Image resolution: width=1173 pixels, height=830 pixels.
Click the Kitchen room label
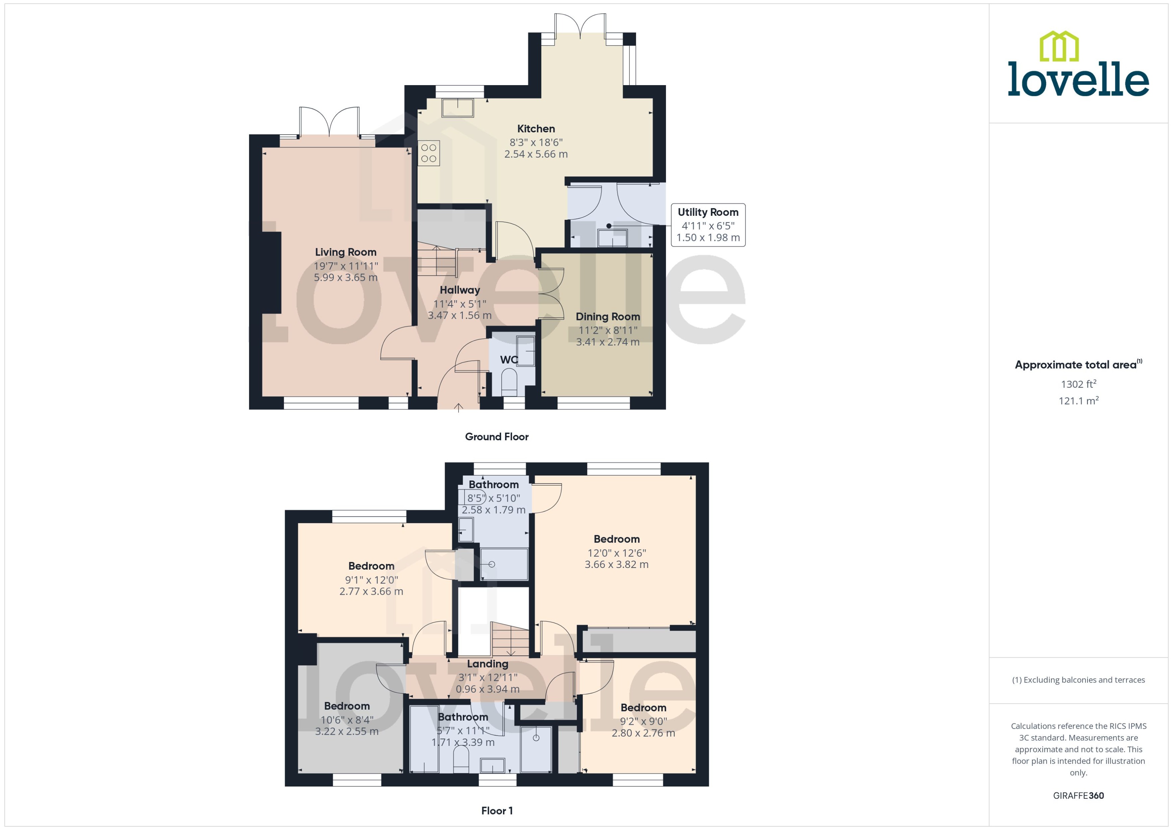pyautogui.click(x=536, y=129)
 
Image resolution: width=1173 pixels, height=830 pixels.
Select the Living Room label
pyautogui.click(x=346, y=252)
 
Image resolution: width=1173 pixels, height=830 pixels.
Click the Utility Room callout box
pyautogui.click(x=708, y=225)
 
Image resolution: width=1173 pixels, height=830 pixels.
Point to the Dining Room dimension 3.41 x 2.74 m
pyautogui.click(x=608, y=342)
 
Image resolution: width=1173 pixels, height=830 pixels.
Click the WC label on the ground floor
pyautogui.click(x=508, y=360)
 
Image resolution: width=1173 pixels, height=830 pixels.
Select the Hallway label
pyautogui.click(x=459, y=290)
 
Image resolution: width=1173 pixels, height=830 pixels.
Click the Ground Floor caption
pyautogui.click(x=496, y=437)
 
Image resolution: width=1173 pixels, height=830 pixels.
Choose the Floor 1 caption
pyautogui.click(x=496, y=811)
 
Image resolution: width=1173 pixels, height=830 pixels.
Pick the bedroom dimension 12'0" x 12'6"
pyautogui.click(x=616, y=553)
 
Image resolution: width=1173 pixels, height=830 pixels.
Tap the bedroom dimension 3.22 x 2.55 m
pyautogui.click(x=347, y=731)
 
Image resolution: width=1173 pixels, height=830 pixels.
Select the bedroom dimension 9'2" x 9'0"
pyautogui.click(x=643, y=721)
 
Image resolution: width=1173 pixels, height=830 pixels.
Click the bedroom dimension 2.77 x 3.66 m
pyautogui.click(x=371, y=591)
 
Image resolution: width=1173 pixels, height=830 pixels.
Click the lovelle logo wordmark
pyautogui.click(x=1078, y=79)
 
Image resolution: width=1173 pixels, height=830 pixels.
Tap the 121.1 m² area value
pyautogui.click(x=1078, y=401)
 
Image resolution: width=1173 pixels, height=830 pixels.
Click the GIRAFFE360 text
pyautogui.click(x=1078, y=796)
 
